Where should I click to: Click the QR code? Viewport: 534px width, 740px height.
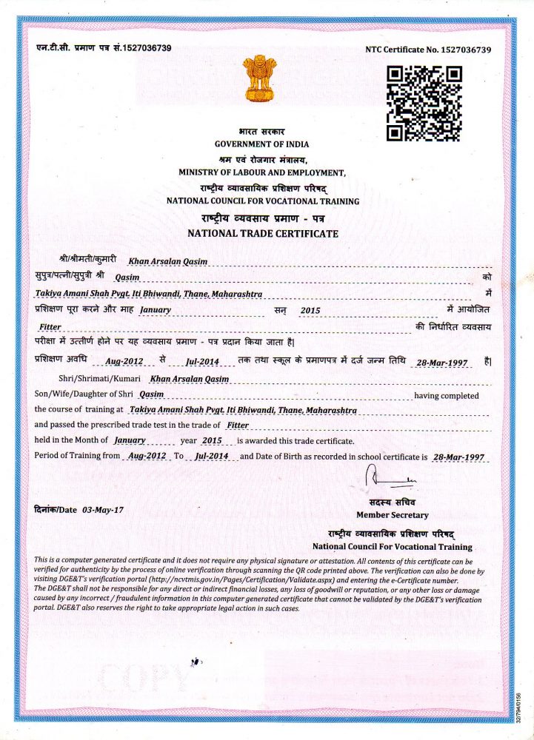click(x=424, y=103)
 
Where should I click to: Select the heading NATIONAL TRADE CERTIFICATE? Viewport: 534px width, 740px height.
click(x=263, y=233)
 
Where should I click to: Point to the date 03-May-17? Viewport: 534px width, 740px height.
click(x=103, y=510)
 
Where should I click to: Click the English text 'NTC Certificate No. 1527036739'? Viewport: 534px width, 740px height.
click(x=428, y=49)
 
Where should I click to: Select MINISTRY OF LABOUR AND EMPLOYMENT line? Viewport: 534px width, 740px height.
click(x=262, y=172)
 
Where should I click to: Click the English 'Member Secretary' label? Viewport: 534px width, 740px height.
click(x=392, y=515)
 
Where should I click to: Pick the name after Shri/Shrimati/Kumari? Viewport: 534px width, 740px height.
click(x=190, y=379)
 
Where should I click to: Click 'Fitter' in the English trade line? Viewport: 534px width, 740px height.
click(x=238, y=425)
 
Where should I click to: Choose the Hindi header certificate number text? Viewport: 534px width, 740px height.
click(x=104, y=48)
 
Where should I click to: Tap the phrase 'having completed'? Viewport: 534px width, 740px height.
click(x=446, y=396)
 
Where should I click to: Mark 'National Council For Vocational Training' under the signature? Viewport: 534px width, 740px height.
click(x=392, y=547)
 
